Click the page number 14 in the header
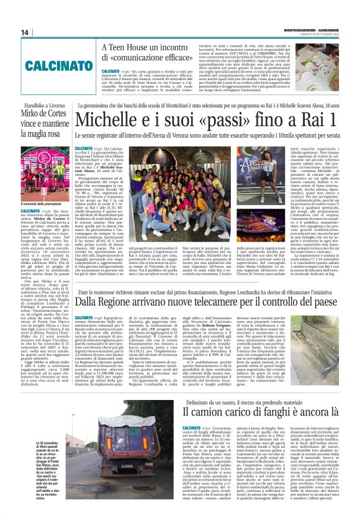point(25,32)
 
